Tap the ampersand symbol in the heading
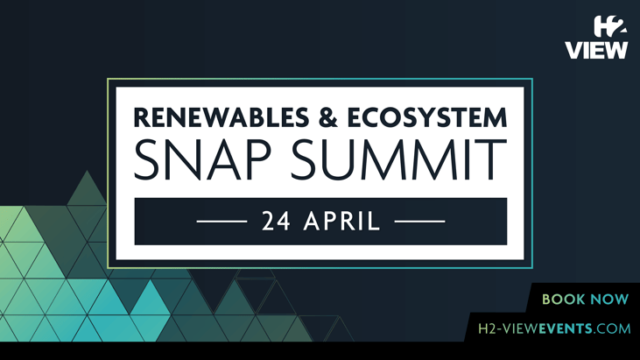304,117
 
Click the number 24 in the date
276,222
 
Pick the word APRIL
341,222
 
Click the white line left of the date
222,222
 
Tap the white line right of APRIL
420,222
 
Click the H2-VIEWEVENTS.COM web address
554,329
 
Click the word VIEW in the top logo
596,50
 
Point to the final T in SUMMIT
492,160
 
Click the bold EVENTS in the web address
565,329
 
